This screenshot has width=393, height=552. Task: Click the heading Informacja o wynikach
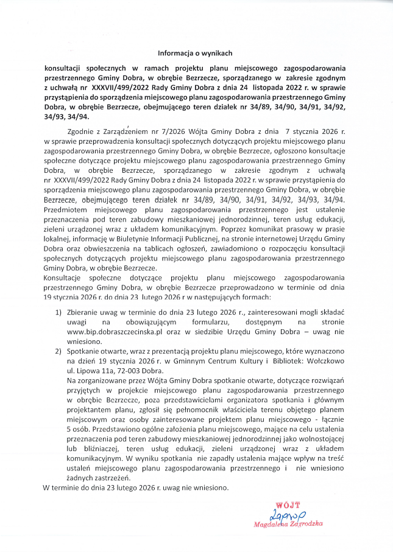[196, 53]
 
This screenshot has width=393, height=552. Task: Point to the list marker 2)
[59, 352]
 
